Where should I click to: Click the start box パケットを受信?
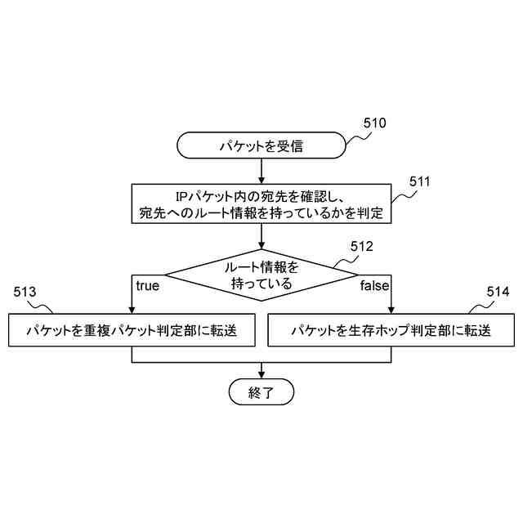point(261,146)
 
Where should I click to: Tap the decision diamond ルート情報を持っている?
point(261,275)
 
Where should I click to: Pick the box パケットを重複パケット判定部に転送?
point(132,330)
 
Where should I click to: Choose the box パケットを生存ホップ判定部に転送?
point(391,330)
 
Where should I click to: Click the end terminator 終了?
point(261,392)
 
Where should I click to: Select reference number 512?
point(361,246)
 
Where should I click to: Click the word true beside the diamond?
point(147,286)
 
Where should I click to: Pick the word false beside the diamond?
point(375,286)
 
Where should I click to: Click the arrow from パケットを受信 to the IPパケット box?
point(261,171)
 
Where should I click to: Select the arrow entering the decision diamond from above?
point(261,237)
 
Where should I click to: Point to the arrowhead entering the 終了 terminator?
point(261,374)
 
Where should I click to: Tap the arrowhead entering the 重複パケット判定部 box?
point(132,309)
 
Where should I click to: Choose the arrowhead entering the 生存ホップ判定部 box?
point(391,309)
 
